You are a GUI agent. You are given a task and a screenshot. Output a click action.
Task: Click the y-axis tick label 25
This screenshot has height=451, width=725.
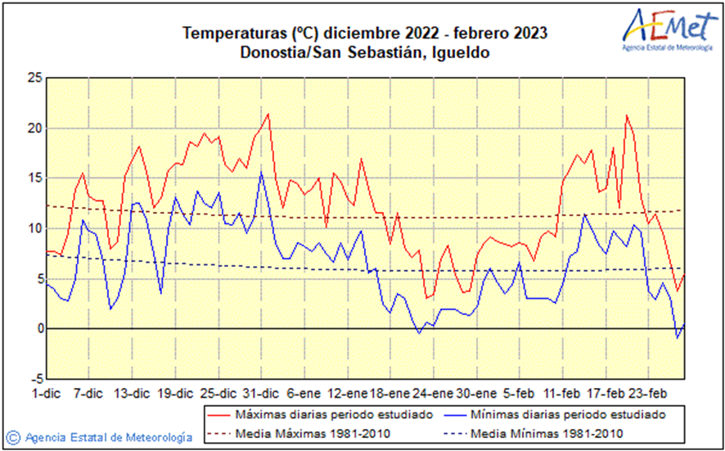pyautogui.click(x=34, y=78)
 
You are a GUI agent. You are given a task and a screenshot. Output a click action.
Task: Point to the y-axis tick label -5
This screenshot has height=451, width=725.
pyautogui.click(x=32, y=379)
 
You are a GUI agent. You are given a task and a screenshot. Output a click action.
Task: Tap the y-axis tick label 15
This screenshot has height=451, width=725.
pyautogui.click(x=34, y=178)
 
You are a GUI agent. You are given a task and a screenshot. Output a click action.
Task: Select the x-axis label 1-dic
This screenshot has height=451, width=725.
pyautogui.click(x=46, y=392)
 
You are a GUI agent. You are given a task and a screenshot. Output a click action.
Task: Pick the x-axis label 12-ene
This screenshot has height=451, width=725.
pyautogui.click(x=350, y=392)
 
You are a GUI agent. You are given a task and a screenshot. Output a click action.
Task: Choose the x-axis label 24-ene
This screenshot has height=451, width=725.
pyautogui.click(x=433, y=392)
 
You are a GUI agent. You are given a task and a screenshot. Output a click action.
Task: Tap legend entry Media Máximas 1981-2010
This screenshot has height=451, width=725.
pyautogui.click(x=312, y=433)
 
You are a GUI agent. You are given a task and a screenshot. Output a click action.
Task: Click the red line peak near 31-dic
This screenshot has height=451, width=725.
pyautogui.click(x=268, y=114)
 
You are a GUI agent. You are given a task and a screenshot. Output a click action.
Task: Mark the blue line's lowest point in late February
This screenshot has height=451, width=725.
pyautogui.click(x=677, y=337)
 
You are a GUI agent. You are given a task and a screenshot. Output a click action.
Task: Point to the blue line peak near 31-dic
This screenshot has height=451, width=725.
pyautogui.click(x=261, y=171)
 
